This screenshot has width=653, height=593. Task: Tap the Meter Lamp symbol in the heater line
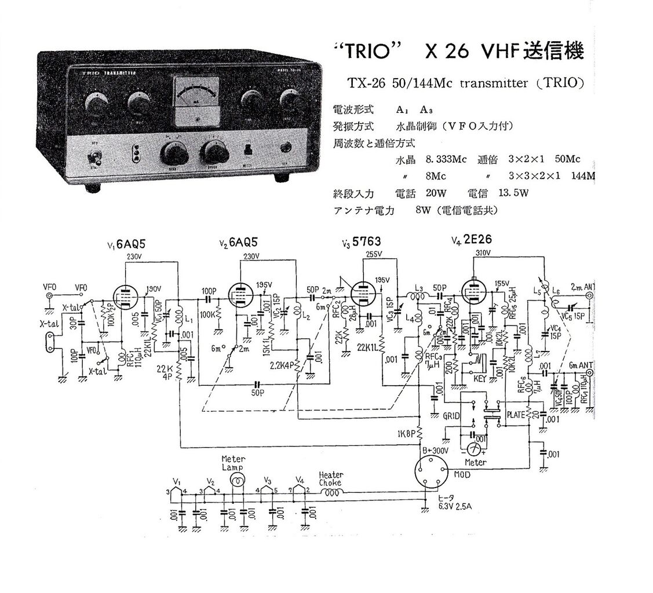click(236, 479)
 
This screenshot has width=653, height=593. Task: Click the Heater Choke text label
click(331, 478)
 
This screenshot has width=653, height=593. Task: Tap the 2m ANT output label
click(582, 286)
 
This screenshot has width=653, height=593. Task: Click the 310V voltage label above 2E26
click(483, 254)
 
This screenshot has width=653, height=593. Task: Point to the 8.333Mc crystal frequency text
click(446, 159)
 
